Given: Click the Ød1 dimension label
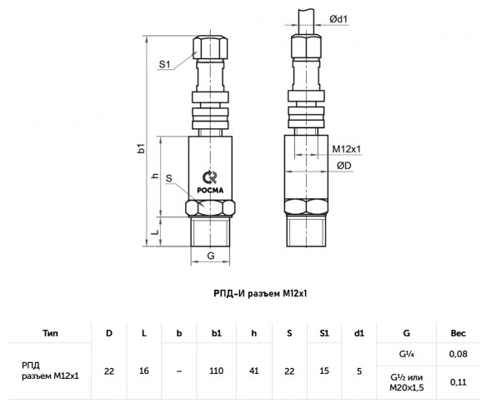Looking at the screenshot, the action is (x=338, y=19).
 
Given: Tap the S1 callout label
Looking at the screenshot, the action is (x=164, y=64).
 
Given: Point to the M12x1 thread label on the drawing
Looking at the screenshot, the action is (x=346, y=149).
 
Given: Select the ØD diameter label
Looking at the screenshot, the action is (x=344, y=166).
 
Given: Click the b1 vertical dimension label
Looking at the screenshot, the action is (x=141, y=148).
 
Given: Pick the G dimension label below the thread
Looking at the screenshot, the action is (x=211, y=256).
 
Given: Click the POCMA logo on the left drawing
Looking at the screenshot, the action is (x=210, y=182).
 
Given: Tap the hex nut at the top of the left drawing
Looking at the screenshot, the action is (x=210, y=47).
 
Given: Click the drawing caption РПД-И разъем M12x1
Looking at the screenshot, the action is (x=260, y=293).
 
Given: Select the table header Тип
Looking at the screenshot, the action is (x=50, y=333).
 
